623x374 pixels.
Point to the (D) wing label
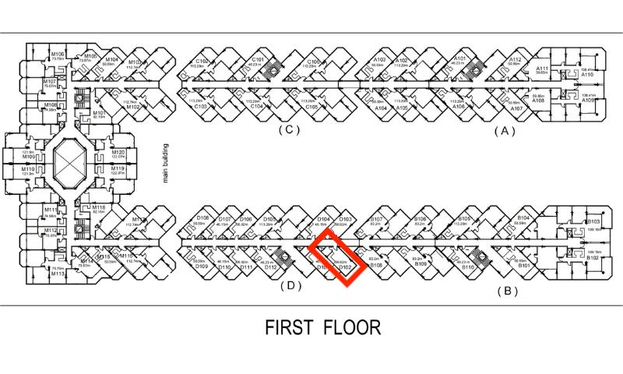pyautogui.click(x=290, y=285)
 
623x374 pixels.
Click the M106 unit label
pyautogui.click(x=58, y=53)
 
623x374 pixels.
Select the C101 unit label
pyautogui.click(x=259, y=60)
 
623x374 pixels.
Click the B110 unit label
pyautogui.click(x=468, y=267)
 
